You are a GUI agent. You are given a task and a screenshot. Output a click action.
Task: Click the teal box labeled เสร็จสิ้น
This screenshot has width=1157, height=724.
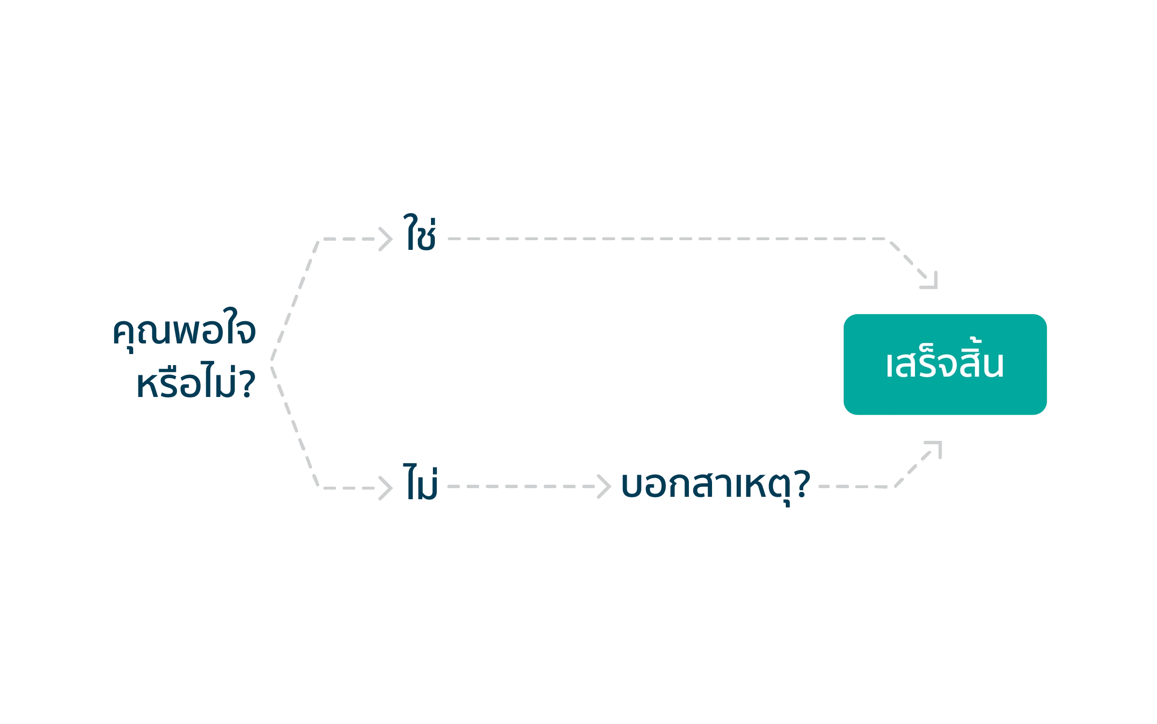click(x=945, y=365)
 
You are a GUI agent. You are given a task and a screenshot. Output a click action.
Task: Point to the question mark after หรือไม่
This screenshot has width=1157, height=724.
click(x=247, y=384)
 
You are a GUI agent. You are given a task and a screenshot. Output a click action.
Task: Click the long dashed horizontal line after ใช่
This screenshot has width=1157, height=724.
click(x=665, y=239)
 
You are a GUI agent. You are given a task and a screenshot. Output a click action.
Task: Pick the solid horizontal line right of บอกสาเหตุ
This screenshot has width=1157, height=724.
click(x=858, y=487)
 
